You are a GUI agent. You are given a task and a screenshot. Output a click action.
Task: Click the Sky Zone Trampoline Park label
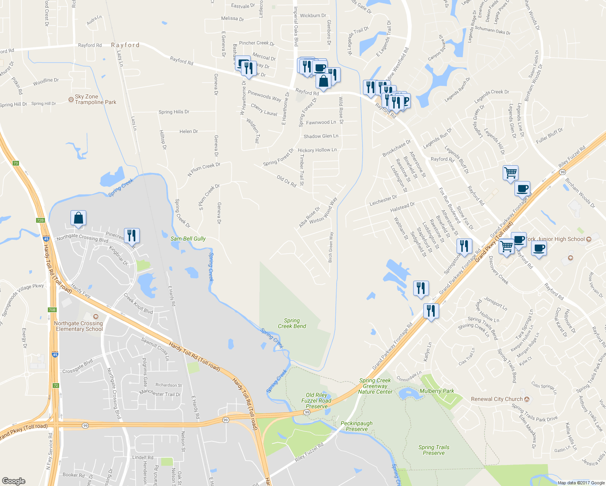(95, 99)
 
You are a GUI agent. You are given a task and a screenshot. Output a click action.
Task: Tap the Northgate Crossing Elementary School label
(79, 326)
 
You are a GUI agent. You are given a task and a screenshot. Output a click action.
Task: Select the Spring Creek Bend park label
(292, 323)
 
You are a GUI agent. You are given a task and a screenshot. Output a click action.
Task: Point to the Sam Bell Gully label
(188, 239)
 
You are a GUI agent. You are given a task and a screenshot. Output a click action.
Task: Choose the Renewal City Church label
(497, 399)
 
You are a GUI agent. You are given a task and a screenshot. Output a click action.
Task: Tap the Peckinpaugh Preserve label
(356, 426)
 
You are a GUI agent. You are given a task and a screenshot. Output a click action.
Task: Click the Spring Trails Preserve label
(434, 450)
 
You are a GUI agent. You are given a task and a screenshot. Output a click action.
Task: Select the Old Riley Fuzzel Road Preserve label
(316, 401)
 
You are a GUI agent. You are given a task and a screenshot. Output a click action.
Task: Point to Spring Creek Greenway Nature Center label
(375, 386)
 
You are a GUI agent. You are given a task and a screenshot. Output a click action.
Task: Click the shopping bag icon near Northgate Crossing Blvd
(78, 218)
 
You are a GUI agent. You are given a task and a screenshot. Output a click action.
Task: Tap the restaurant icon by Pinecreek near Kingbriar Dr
(132, 235)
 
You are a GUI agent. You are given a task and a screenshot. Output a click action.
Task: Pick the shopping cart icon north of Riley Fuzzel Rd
(510, 173)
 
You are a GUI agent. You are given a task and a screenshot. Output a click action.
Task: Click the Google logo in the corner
(13, 481)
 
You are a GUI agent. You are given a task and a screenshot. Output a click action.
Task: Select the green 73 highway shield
(16, 163)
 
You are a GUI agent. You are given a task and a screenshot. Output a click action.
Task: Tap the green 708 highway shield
(52, 310)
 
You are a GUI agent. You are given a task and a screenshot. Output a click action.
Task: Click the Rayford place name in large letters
(125, 45)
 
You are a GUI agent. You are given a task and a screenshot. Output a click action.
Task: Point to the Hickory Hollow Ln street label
(317, 150)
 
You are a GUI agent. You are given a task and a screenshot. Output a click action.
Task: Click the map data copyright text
(581, 483)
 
